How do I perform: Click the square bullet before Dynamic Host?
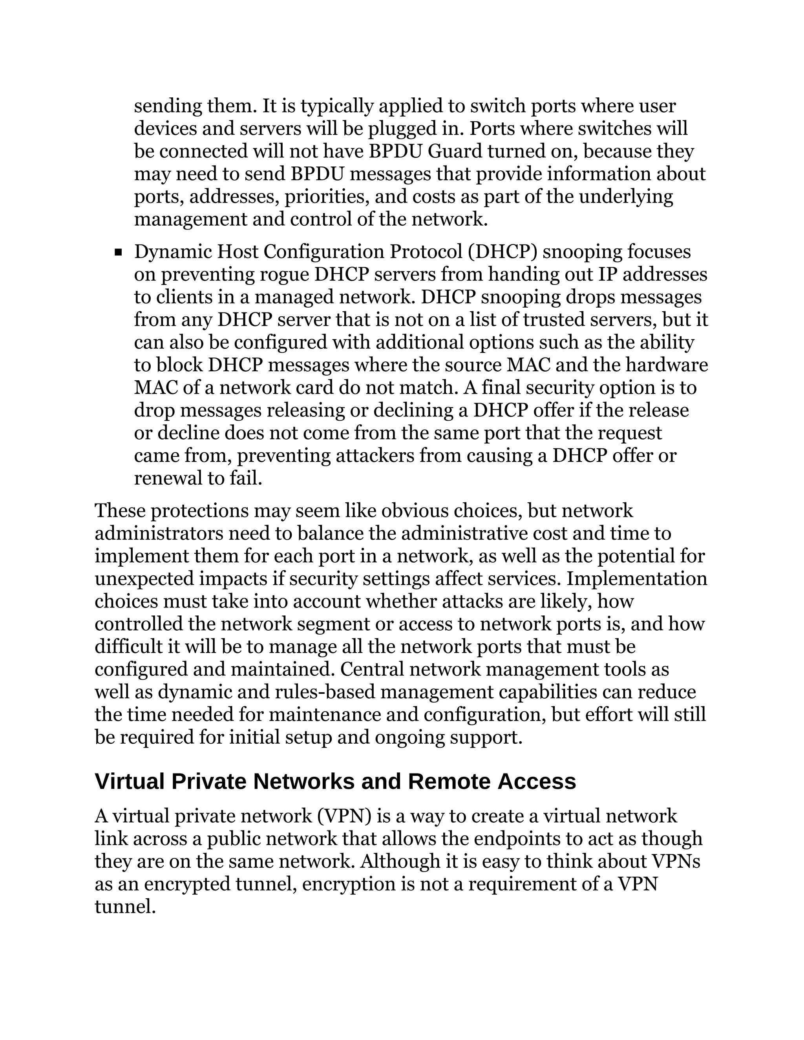click(119, 252)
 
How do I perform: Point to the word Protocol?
click(426, 252)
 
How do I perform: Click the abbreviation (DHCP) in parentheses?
click(502, 252)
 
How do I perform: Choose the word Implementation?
click(637, 578)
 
